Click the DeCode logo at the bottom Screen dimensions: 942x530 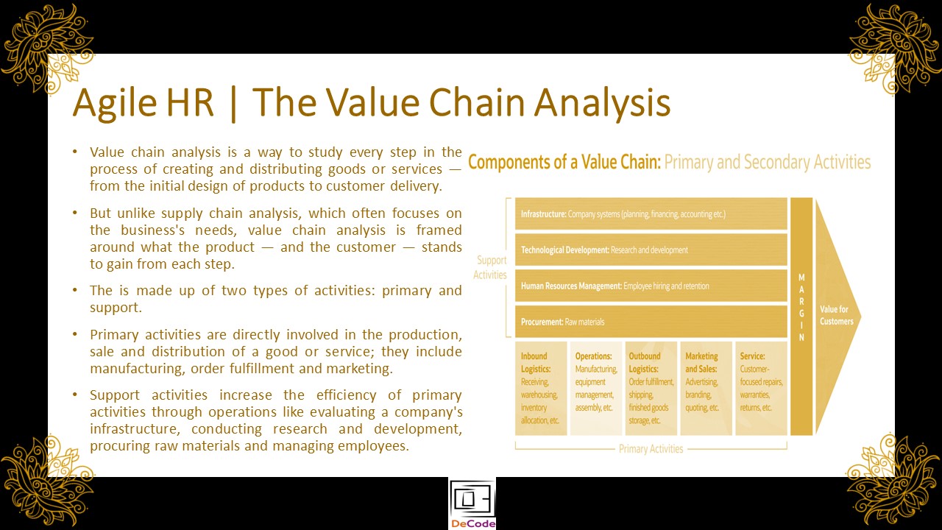pyautogui.click(x=472, y=504)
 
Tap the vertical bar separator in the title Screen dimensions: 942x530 pyautogui.click(x=233, y=104)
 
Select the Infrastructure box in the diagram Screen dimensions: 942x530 pyautogui.click(x=651, y=213)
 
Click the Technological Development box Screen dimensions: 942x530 pyautogui.click(x=651, y=250)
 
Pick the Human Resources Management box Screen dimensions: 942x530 pyautogui.click(x=651, y=286)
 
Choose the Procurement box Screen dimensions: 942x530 pyautogui.click(x=651, y=322)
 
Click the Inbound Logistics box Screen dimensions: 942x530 pyautogui.click(x=541, y=388)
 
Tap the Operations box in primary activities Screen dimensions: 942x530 pyautogui.click(x=596, y=388)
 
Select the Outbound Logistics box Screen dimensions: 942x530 pyautogui.click(x=651, y=388)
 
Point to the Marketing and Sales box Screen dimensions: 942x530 pyautogui.click(x=706, y=388)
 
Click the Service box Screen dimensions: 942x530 pyautogui.click(x=761, y=388)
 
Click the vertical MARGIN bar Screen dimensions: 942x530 pyautogui.click(x=801, y=317)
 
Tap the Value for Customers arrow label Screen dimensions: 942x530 pyautogui.click(x=837, y=316)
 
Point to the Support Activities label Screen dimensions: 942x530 pyautogui.click(x=490, y=267)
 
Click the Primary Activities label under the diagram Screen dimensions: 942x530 pyautogui.click(x=651, y=449)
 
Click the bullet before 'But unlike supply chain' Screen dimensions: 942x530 pyautogui.click(x=75, y=213)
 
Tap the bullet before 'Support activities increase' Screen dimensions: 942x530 pyautogui.click(x=75, y=394)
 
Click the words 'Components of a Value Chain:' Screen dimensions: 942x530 pyautogui.click(x=564, y=163)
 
